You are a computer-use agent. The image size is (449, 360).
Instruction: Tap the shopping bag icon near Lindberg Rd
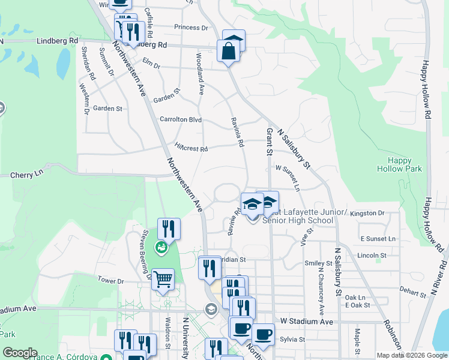(x=229, y=50)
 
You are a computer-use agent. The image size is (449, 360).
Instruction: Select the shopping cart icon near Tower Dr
(x=163, y=280)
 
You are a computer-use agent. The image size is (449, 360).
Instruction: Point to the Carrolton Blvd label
(x=180, y=119)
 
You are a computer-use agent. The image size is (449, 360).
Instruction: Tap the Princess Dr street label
(x=191, y=28)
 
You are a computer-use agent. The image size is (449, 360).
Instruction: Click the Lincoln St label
(x=371, y=256)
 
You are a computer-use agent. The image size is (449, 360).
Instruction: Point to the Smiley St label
(x=318, y=263)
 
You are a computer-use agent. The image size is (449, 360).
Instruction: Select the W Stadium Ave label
(x=303, y=322)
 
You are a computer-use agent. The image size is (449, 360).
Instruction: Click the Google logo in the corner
(x=20, y=353)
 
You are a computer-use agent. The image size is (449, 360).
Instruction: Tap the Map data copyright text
(x=412, y=355)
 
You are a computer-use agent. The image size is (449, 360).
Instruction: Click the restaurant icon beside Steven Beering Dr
(x=169, y=229)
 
